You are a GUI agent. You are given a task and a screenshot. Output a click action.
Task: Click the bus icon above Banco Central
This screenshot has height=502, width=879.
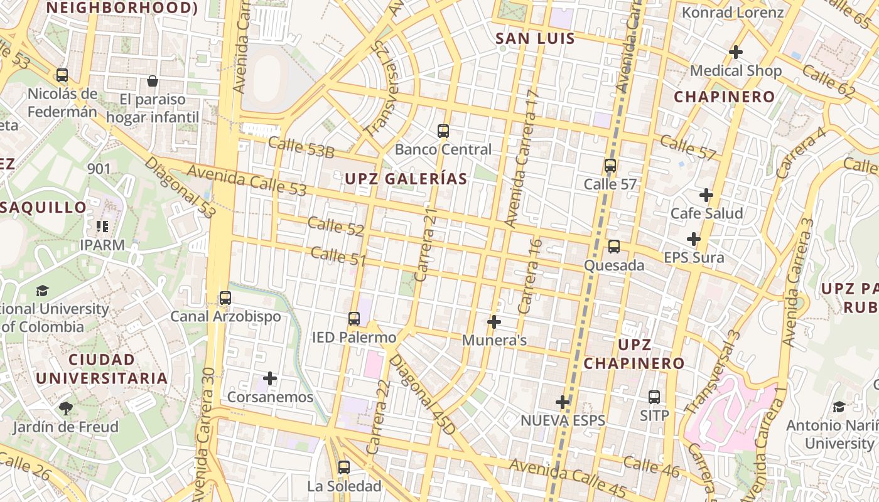(x=443, y=131)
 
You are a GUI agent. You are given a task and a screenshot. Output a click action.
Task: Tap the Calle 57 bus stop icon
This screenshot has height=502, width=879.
(x=610, y=166)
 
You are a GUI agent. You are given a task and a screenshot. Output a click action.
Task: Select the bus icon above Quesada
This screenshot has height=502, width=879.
(x=614, y=247)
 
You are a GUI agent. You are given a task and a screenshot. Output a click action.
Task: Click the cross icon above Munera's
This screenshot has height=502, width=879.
(x=494, y=322)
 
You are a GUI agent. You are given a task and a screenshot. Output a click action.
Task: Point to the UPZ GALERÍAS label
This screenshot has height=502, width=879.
(x=406, y=179)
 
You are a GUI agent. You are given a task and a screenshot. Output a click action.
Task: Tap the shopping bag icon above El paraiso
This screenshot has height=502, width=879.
(x=152, y=81)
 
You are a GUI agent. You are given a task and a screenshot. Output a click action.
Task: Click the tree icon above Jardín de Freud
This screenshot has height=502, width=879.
(x=65, y=409)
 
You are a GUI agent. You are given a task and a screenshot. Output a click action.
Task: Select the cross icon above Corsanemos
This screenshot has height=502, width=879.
(x=270, y=378)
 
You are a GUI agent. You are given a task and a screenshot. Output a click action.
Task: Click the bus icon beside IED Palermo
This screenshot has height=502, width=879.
(x=354, y=319)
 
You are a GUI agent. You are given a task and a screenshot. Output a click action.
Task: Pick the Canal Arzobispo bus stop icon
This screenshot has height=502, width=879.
(x=225, y=298)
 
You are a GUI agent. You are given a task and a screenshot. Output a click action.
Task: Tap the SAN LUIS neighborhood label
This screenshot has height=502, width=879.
(x=535, y=38)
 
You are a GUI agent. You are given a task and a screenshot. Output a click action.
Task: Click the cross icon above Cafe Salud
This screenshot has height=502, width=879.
(x=706, y=195)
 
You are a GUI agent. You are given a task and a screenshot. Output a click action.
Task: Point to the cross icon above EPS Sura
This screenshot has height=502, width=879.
(x=694, y=239)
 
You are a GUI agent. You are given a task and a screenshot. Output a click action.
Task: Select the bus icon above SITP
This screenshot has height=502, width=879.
(x=654, y=397)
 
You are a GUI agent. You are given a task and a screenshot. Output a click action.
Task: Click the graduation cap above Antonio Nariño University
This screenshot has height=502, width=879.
(x=839, y=407)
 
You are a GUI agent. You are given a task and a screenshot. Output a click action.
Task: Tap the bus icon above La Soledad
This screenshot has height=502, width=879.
(x=343, y=467)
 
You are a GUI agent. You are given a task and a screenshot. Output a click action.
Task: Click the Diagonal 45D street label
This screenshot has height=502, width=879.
(x=421, y=395)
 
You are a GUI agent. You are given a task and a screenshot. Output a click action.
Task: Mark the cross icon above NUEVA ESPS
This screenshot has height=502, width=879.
(x=563, y=402)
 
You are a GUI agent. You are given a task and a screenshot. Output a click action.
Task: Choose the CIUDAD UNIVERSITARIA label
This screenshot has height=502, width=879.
(x=102, y=369)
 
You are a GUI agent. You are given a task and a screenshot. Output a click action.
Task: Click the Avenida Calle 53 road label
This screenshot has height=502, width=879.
(x=247, y=180)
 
